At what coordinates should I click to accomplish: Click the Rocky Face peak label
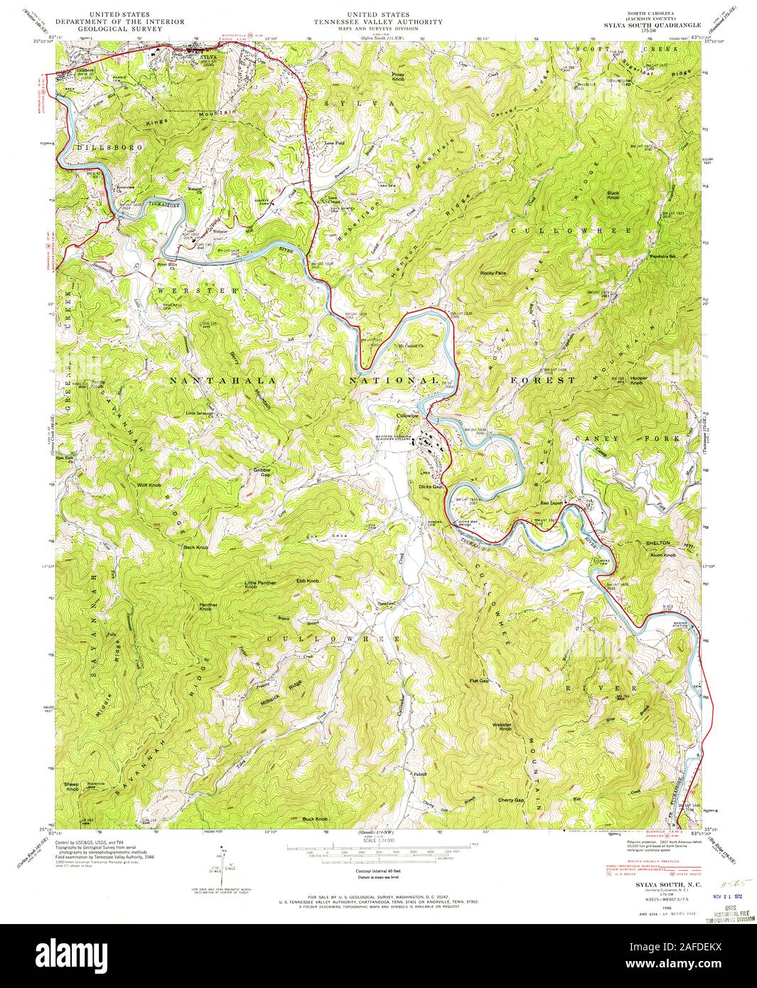click(493, 273)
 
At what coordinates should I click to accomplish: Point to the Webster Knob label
click(502, 727)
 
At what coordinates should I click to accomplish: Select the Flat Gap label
click(479, 681)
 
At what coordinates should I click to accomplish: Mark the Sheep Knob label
click(73, 787)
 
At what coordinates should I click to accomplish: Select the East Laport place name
click(552, 503)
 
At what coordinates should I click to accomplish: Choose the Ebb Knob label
click(307, 581)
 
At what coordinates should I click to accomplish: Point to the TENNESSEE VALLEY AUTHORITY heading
click(378, 22)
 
